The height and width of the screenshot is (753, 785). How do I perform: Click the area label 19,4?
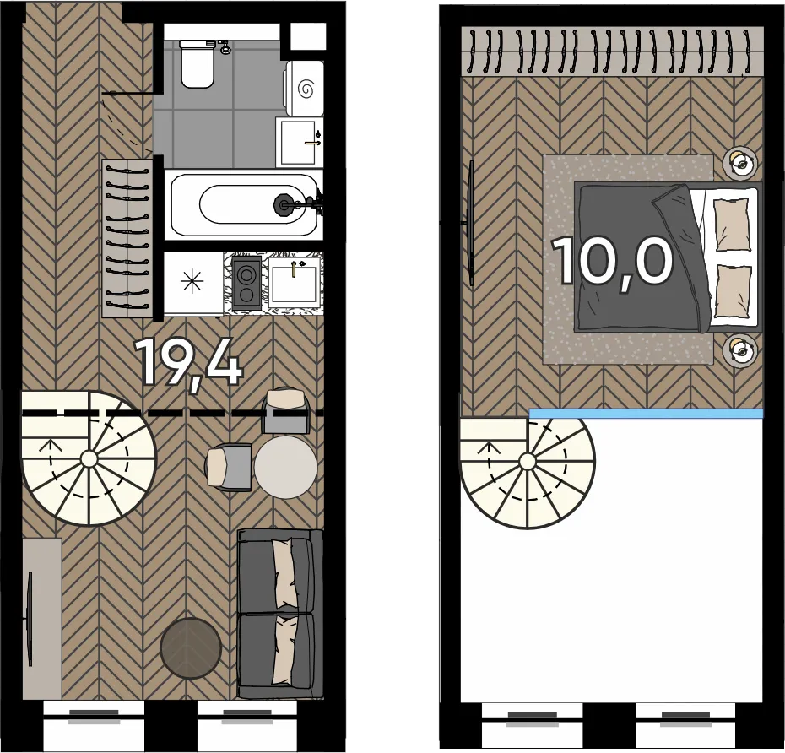pos(191,362)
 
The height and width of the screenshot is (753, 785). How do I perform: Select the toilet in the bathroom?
pos(198,63)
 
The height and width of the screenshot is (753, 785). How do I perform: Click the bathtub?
pos(244,205)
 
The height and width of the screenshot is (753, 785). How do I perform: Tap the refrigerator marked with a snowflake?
pos(193,284)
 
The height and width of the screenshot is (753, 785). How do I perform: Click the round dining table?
pos(285,467)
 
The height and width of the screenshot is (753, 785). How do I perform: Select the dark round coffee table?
pos(191,647)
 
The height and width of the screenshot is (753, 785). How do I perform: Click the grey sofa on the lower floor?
pos(280,614)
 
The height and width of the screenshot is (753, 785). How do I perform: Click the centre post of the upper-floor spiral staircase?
pos(526,461)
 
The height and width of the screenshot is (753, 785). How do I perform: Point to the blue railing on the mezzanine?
pos(647,414)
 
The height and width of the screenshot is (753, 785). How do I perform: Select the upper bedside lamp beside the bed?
pos(739,163)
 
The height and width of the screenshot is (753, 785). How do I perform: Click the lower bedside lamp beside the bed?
pos(739,349)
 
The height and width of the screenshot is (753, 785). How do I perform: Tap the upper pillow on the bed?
pos(732,225)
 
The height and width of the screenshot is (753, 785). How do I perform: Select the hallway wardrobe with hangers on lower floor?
pos(127,238)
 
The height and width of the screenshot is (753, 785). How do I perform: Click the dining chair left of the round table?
pos(228,466)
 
